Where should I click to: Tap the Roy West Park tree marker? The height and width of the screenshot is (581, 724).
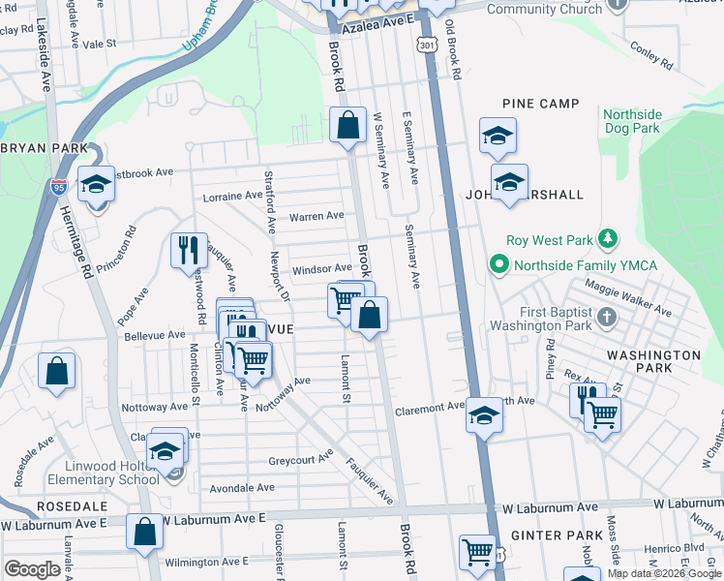pyautogui.click(x=608, y=238)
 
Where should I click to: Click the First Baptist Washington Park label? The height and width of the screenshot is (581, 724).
pyautogui.click(x=539, y=319)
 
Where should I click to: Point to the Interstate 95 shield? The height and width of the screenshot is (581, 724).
pyautogui.click(x=59, y=187)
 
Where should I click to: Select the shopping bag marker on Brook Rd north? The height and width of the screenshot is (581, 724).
pyautogui.click(x=347, y=125)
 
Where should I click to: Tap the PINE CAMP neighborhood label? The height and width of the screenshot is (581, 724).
pyautogui.click(x=540, y=104)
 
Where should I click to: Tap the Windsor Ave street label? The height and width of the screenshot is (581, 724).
pyautogui.click(x=322, y=268)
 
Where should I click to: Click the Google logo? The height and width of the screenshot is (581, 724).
pyautogui.click(x=33, y=568)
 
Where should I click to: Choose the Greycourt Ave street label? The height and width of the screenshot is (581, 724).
pyautogui.click(x=300, y=458)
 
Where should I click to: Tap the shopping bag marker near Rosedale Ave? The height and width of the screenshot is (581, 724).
pyautogui.click(x=57, y=370)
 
